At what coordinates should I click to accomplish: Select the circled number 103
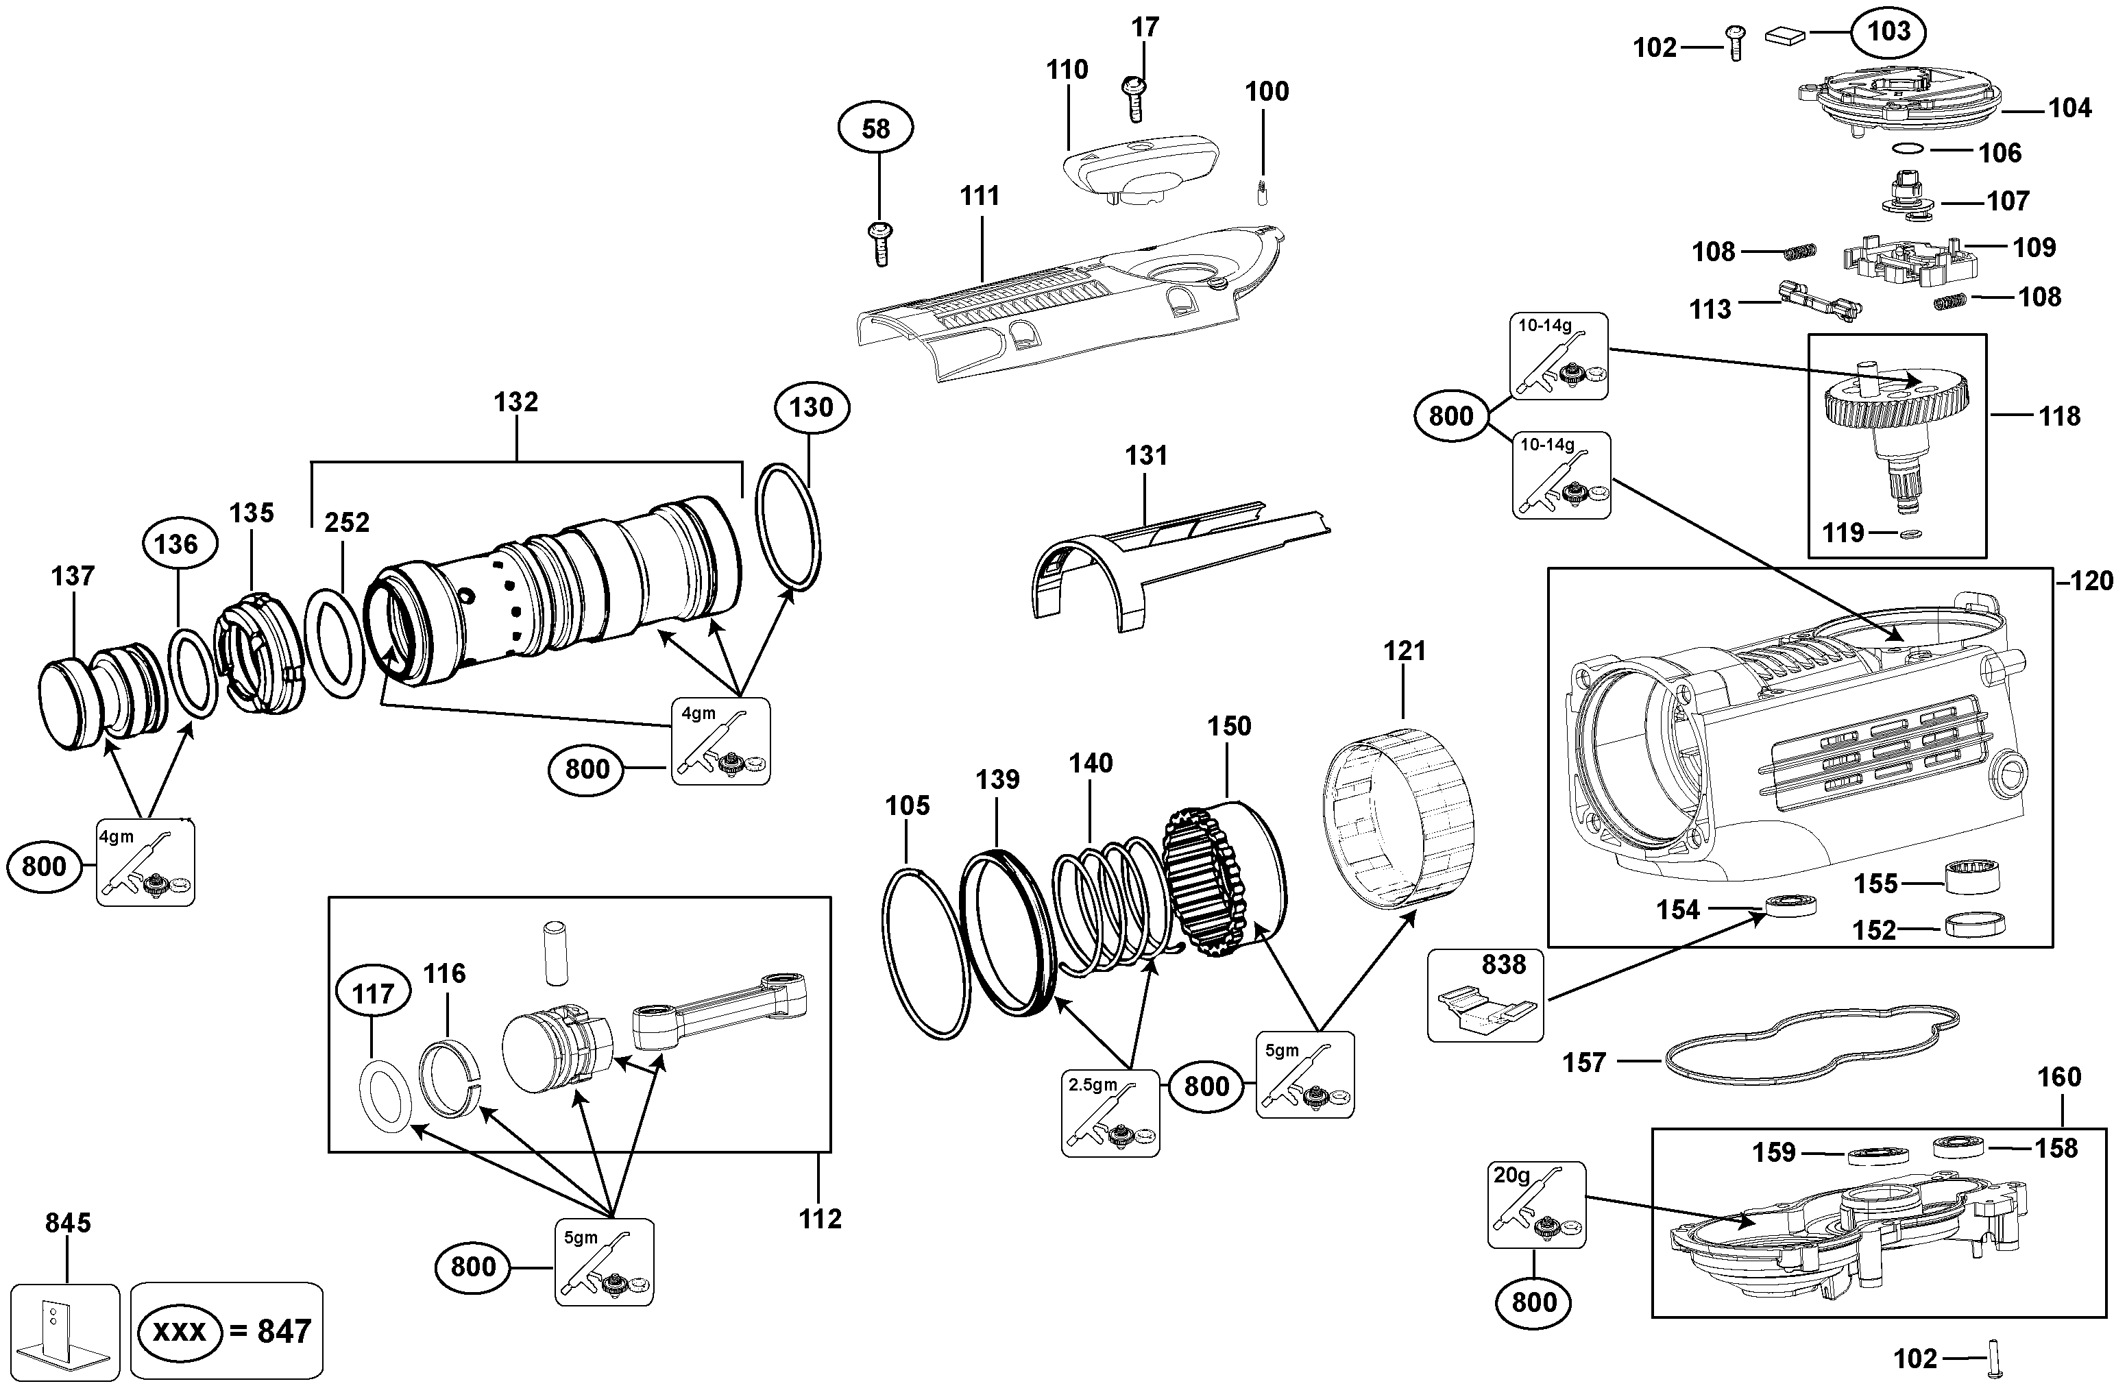click(x=1888, y=32)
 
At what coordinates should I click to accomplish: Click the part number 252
click(x=346, y=522)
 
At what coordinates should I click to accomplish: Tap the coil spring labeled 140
click(x=1108, y=903)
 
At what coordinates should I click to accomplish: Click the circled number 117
click(x=373, y=993)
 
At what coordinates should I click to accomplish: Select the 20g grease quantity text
click(x=1511, y=1175)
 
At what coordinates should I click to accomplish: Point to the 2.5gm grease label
click(x=1092, y=1084)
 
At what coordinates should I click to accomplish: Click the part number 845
click(x=68, y=1222)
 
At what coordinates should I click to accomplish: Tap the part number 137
click(x=73, y=576)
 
